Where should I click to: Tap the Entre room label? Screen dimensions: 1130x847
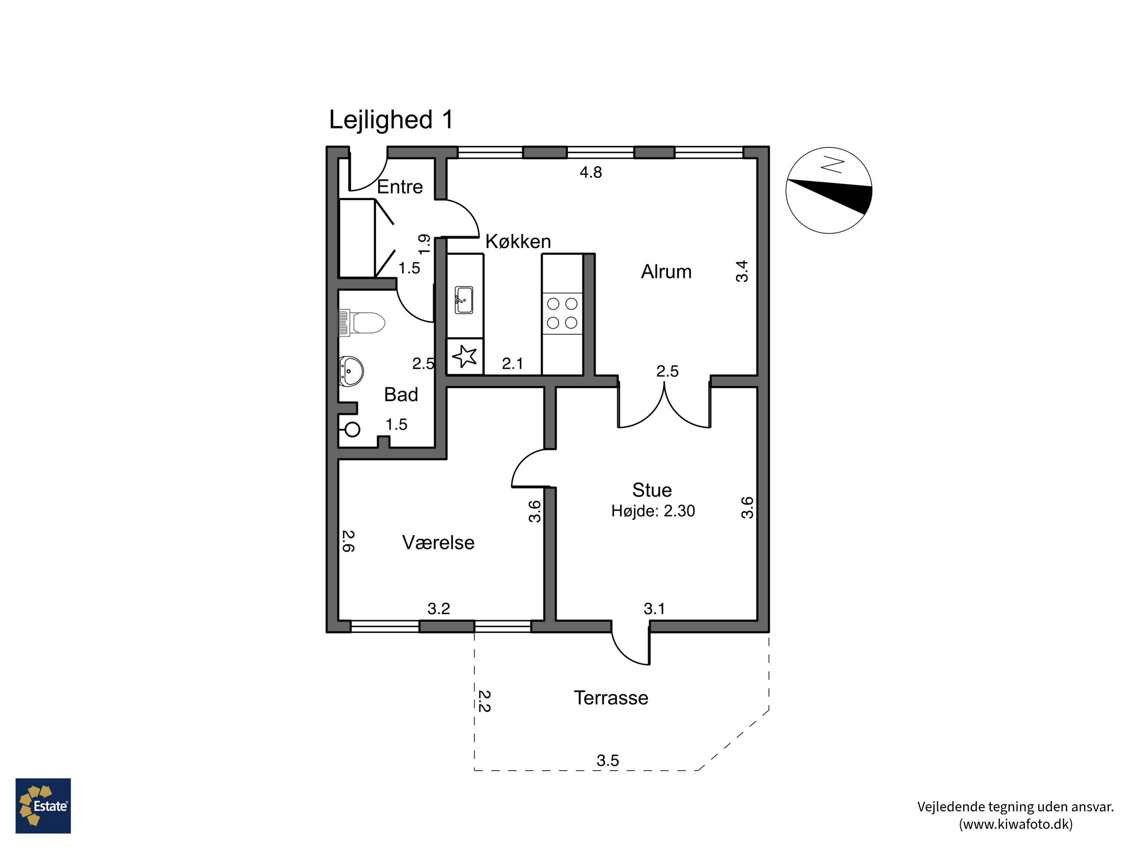point(400,187)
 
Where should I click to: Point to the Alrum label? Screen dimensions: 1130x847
point(666,272)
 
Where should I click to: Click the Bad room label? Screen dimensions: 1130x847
point(401,395)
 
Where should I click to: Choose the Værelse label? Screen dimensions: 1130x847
point(438,542)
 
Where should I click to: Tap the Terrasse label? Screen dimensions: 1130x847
point(611,698)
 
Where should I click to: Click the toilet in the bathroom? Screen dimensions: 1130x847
point(362,323)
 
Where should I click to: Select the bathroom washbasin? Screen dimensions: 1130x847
point(351,371)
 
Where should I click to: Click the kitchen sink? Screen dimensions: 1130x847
point(464,300)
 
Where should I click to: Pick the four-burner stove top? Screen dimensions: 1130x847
point(562,314)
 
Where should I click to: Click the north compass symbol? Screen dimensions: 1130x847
point(829,190)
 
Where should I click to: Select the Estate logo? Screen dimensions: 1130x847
point(43,806)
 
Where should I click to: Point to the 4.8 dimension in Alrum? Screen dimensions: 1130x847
point(591,172)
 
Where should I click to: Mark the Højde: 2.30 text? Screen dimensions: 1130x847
point(653,511)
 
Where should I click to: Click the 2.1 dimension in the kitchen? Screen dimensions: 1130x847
point(512,364)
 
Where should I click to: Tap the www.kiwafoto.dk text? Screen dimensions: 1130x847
point(1015,824)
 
